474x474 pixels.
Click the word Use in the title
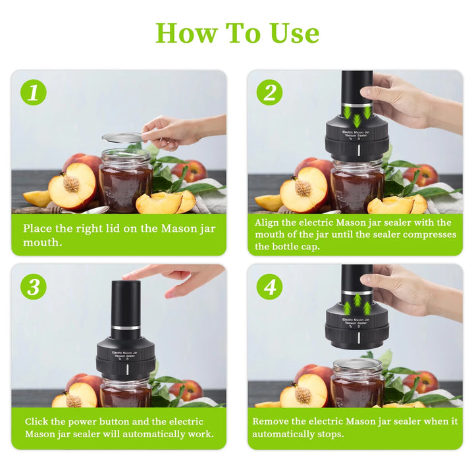pyautogui.click(x=294, y=33)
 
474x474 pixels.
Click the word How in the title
pyautogui.click(x=186, y=33)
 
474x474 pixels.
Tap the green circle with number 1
pyautogui.click(x=34, y=93)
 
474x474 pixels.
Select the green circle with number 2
pyautogui.click(x=270, y=93)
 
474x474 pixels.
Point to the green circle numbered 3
pyautogui.click(x=34, y=287)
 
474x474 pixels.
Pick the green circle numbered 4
pyautogui.click(x=270, y=287)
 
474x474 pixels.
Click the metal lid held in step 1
pyautogui.click(x=122, y=138)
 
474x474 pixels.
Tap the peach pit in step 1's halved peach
pyautogui.click(x=71, y=183)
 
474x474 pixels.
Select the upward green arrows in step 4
pyautogui.click(x=357, y=303)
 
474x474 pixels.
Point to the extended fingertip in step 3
pyautogui.click(x=124, y=276)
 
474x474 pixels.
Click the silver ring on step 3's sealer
pyautogui.click(x=126, y=328)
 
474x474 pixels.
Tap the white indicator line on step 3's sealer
pyautogui.click(x=127, y=369)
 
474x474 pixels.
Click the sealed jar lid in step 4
pyautogui.click(x=358, y=364)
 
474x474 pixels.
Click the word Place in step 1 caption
pyautogui.click(x=38, y=228)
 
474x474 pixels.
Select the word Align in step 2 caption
pyautogui.click(x=267, y=223)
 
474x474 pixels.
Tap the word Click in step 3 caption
pyautogui.click(x=37, y=421)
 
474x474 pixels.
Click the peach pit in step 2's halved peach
pyautogui.click(x=303, y=188)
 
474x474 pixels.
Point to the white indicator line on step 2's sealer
pyautogui.click(x=359, y=150)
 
